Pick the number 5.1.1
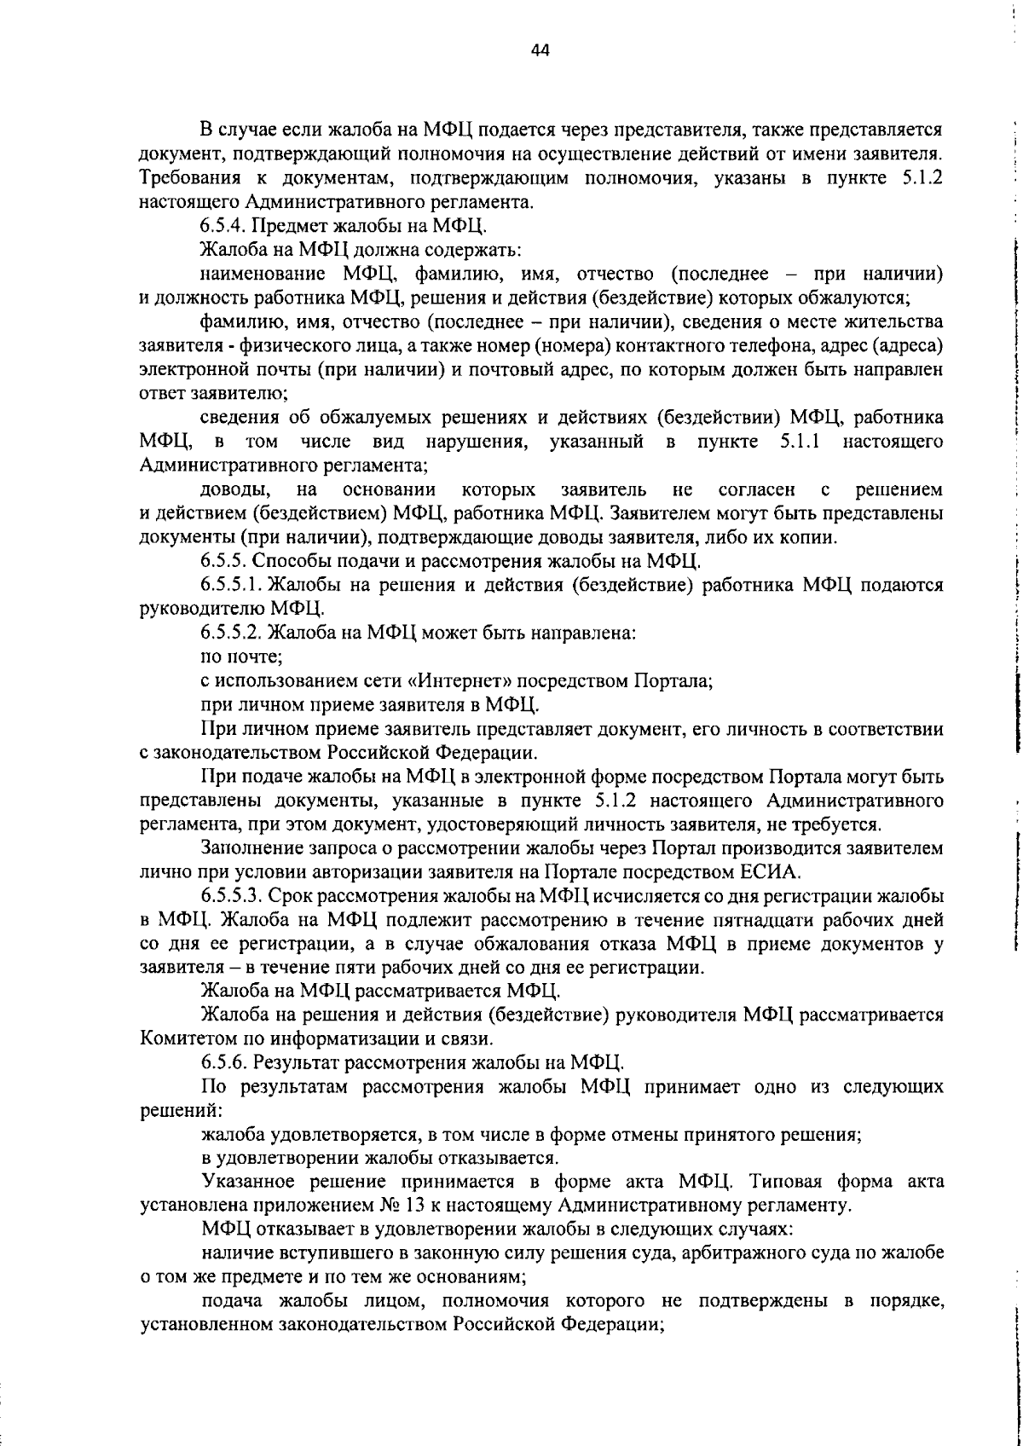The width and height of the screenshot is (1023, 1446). [806, 442]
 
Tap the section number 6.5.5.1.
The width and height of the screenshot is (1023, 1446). [233, 585]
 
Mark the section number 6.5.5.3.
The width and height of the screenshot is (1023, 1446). [233, 895]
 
